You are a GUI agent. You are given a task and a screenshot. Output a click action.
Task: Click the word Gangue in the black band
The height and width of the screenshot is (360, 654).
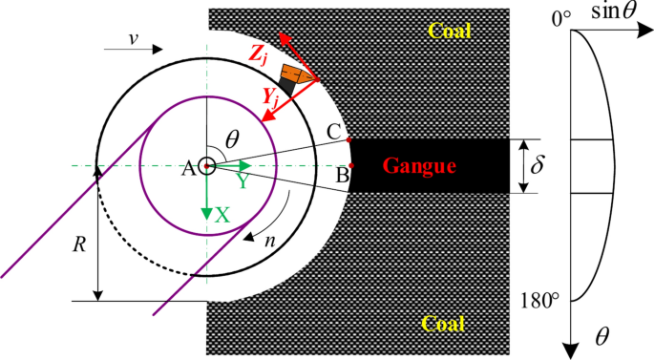(x=419, y=167)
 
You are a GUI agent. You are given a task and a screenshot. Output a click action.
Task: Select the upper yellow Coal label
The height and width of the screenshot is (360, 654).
(x=450, y=32)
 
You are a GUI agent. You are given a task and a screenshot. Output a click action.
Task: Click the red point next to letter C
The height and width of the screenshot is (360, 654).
(x=349, y=140)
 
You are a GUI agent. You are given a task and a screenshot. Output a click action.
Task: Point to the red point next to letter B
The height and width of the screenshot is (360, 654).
(x=352, y=166)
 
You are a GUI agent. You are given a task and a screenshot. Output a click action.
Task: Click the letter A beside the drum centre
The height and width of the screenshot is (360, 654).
(x=188, y=168)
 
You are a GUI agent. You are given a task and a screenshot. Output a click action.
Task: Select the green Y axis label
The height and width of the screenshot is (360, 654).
(x=243, y=180)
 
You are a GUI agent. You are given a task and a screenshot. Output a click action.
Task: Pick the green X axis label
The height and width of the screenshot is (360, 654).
(x=222, y=216)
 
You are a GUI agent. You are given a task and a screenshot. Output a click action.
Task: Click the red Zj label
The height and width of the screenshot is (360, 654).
(x=259, y=54)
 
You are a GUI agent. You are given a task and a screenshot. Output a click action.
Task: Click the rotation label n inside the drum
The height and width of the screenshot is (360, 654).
(x=270, y=240)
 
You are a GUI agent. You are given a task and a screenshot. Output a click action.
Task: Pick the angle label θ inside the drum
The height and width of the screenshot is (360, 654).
(x=232, y=139)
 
